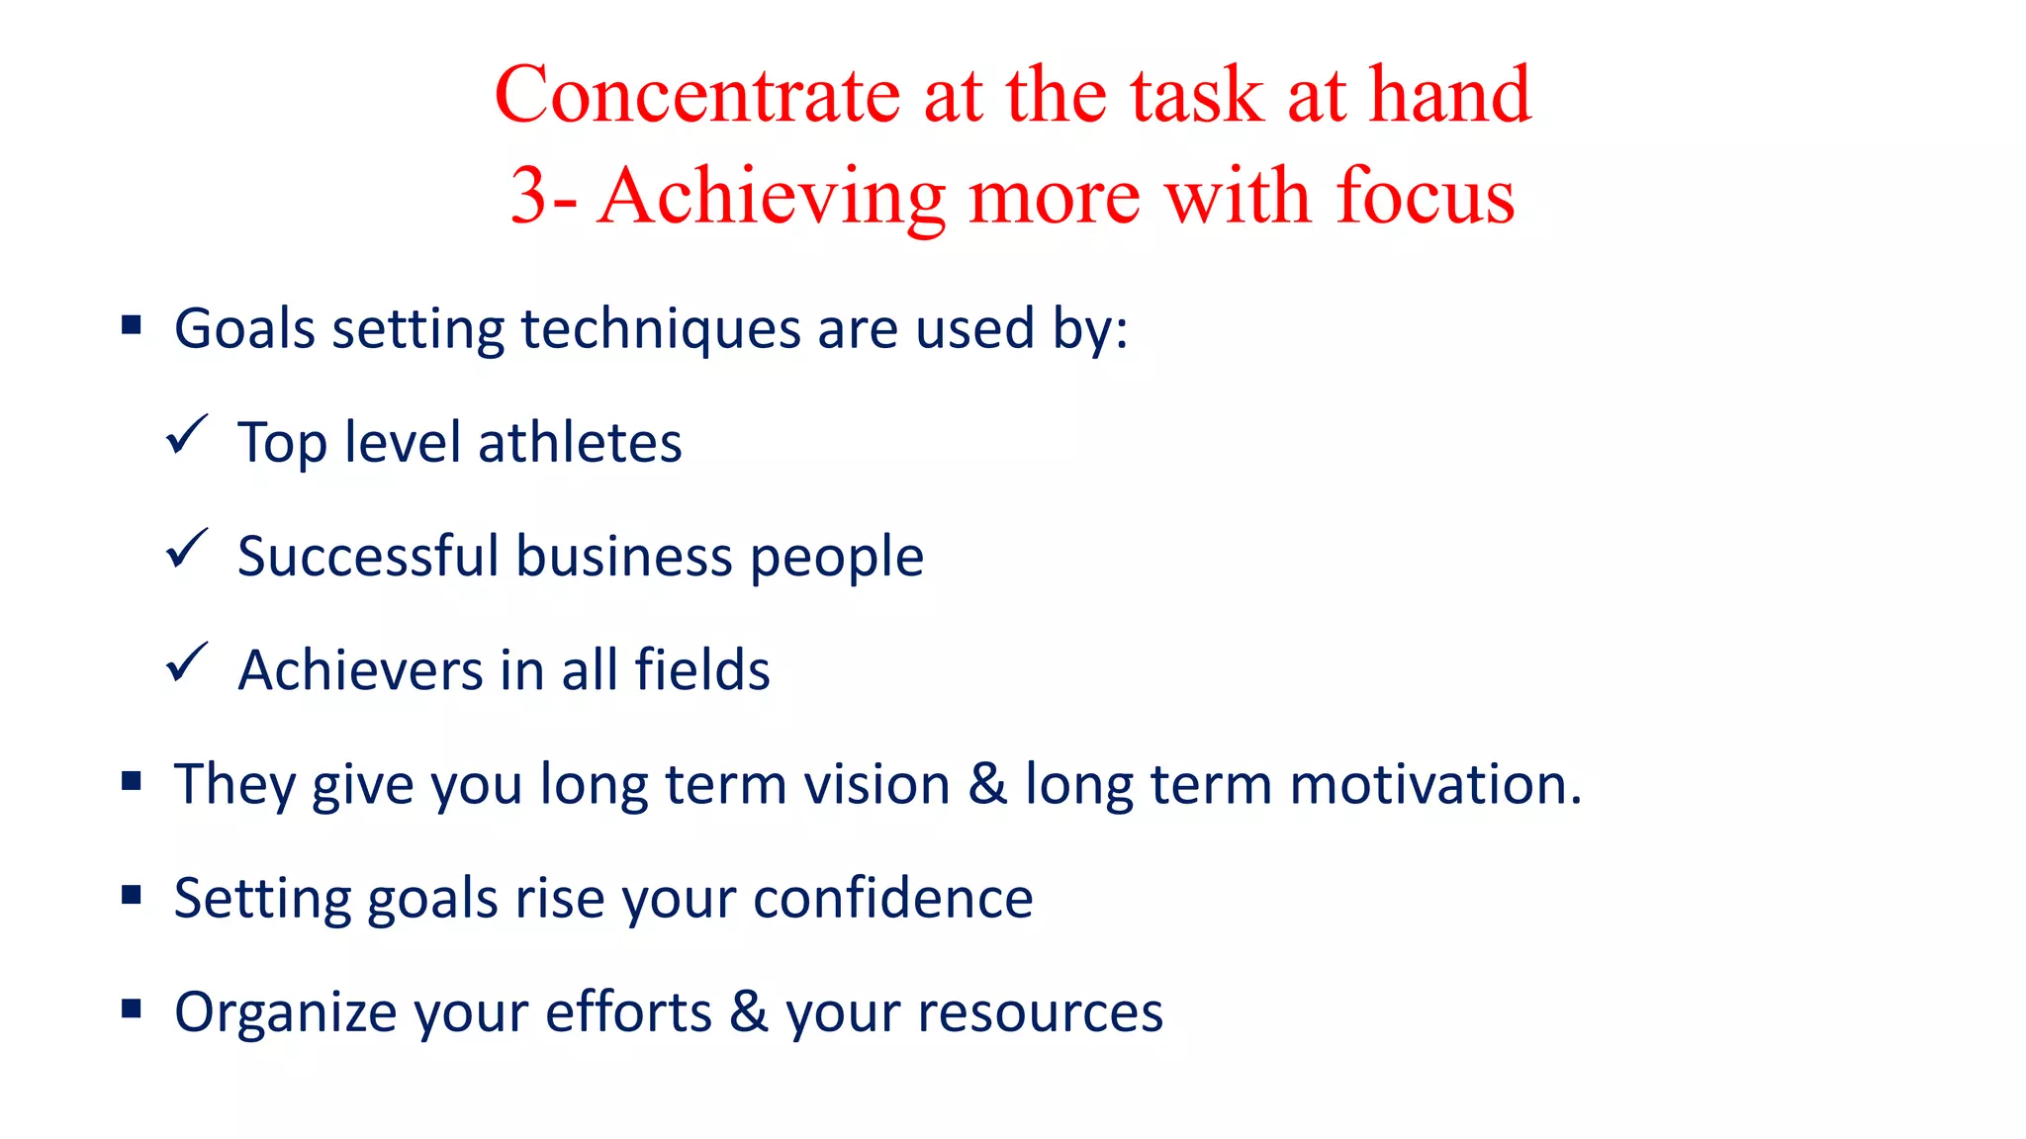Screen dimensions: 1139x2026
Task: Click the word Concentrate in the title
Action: click(696, 95)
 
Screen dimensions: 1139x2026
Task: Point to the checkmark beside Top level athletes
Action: click(186, 435)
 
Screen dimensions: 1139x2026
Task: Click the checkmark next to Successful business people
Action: click(186, 549)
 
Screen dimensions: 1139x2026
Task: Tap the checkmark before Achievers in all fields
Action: click(186, 662)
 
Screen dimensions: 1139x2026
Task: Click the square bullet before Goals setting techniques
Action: click(132, 325)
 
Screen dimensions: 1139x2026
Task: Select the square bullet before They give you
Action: click(132, 781)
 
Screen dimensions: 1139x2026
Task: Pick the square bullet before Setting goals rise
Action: click(132, 895)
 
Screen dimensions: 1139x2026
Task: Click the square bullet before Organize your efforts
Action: click(132, 1008)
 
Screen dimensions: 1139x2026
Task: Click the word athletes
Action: click(580, 442)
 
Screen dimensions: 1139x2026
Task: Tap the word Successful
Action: click(368, 556)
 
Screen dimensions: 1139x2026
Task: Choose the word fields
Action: click(701, 669)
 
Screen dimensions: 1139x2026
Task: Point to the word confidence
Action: click(892, 898)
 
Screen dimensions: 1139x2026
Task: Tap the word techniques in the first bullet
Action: click(660, 329)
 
